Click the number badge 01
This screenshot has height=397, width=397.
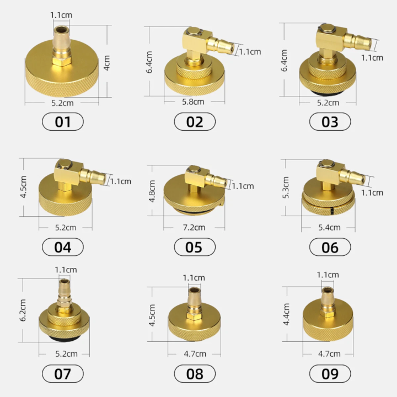63,122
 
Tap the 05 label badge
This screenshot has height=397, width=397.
195,247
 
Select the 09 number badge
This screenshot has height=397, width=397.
330,373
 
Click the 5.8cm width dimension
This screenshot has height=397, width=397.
193,102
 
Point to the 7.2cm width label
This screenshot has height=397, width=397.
194,227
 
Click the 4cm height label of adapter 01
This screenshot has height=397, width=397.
107,63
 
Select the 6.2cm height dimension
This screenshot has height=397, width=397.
23,310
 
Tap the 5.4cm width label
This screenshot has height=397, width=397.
329,227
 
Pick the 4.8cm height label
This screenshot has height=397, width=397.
152,191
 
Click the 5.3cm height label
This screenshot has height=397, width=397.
286,187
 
